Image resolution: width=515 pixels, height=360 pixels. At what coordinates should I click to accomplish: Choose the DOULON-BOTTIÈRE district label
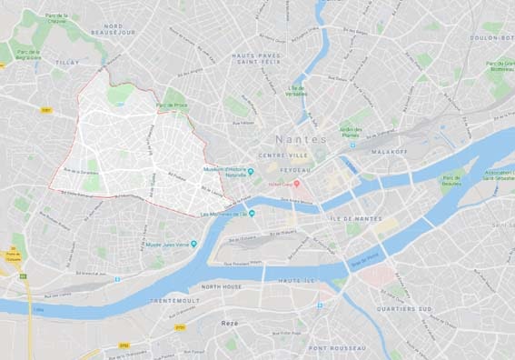(491, 37)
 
